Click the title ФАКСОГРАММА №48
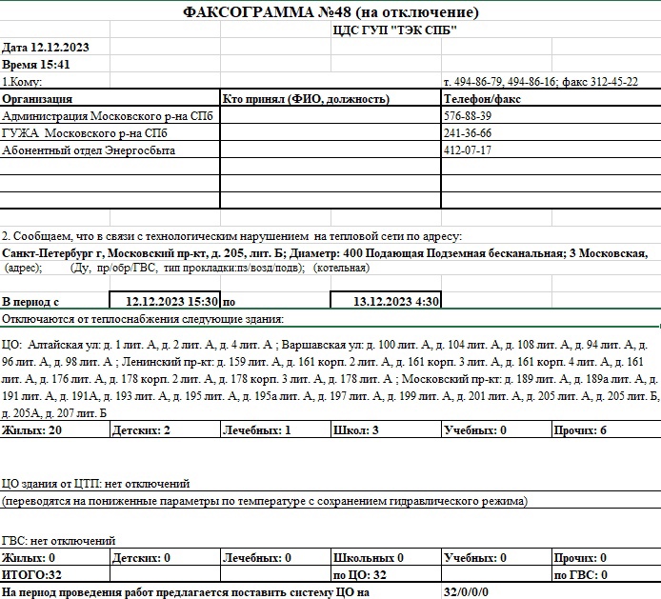coord(330,12)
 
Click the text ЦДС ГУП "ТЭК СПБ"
coord(393,30)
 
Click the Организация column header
coord(38,99)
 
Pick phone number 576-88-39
coord(468,116)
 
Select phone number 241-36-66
coord(468,133)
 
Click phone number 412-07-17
coord(468,150)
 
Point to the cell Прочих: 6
coord(579,431)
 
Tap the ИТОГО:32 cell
coord(32,575)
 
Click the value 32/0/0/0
coord(466,592)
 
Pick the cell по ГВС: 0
coord(580,575)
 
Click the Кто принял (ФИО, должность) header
coord(305,99)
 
